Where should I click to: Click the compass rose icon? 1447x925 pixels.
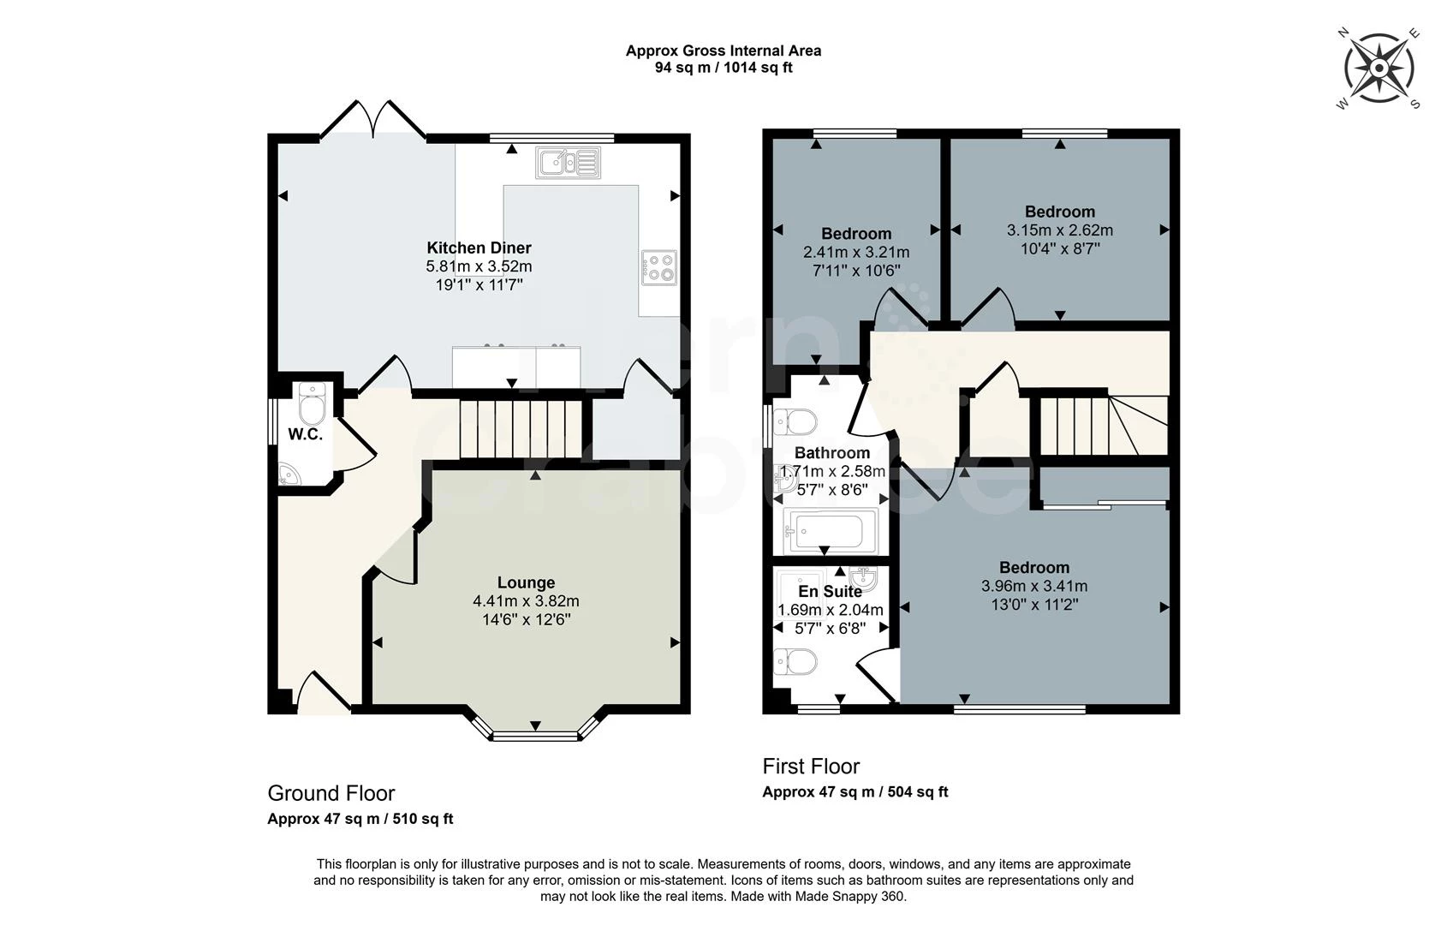pyautogui.click(x=1379, y=68)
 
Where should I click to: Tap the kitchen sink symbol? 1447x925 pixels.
pyautogui.click(x=568, y=161)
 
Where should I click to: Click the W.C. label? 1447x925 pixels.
pyautogui.click(x=305, y=434)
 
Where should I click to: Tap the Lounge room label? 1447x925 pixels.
pyautogui.click(x=526, y=583)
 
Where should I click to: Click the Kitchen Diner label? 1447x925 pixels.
pyautogui.click(x=479, y=248)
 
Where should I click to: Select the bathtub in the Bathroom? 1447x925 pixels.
pyautogui.click(x=830, y=531)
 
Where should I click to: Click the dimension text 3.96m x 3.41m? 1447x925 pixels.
pyautogui.click(x=1033, y=587)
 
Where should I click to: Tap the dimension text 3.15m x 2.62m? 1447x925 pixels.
pyautogui.click(x=1059, y=230)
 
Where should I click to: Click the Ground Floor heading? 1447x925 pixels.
pyautogui.click(x=330, y=793)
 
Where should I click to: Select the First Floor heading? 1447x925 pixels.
pyautogui.click(x=810, y=767)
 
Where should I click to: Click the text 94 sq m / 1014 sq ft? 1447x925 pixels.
pyautogui.click(x=723, y=69)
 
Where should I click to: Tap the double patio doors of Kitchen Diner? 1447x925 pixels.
pyautogui.click(x=372, y=121)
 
